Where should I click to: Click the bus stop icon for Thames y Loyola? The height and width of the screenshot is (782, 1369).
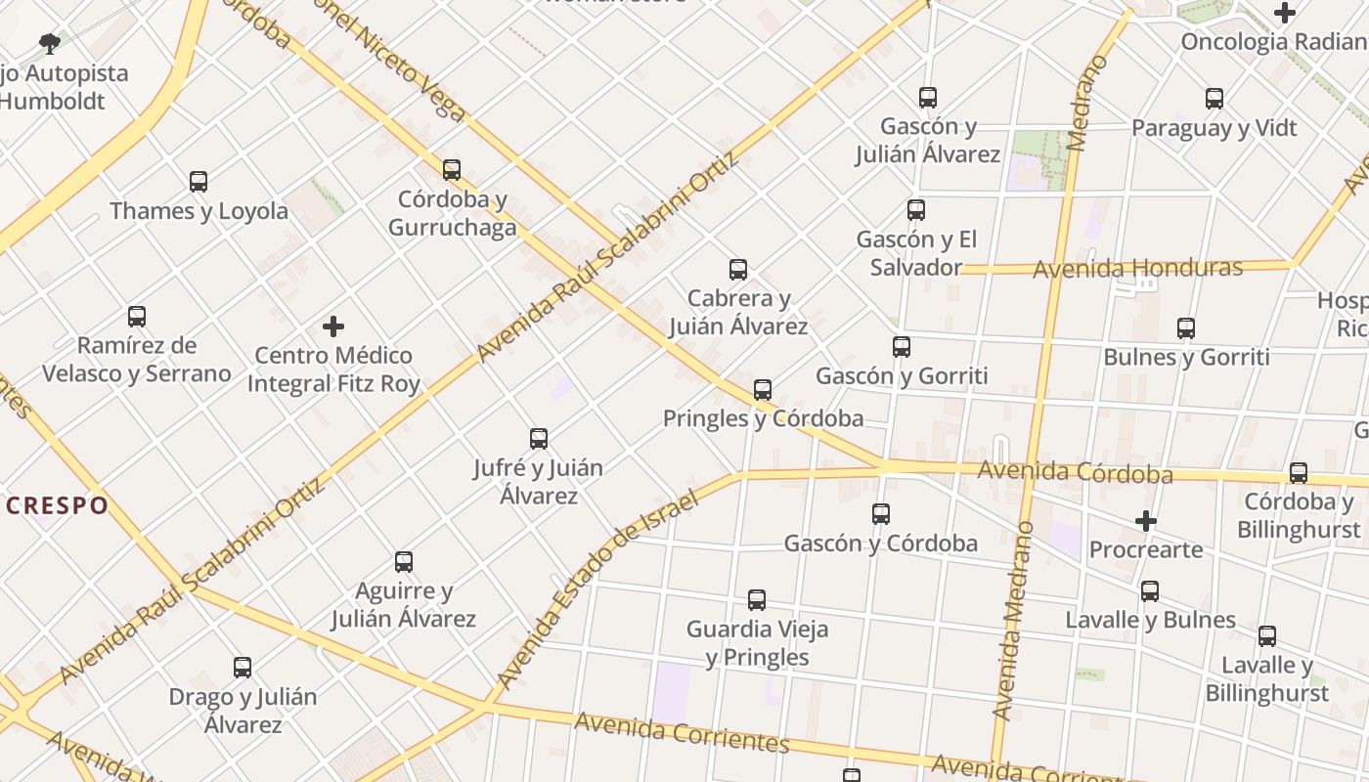click(199, 181)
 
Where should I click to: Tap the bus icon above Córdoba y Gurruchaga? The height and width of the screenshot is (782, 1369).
click(452, 169)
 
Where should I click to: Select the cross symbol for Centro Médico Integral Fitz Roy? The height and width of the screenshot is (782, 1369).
click(333, 326)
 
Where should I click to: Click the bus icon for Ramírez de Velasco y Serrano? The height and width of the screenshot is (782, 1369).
click(137, 316)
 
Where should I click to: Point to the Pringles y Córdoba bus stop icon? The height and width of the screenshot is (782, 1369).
click(763, 389)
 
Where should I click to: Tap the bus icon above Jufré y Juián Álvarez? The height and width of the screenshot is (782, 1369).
click(539, 438)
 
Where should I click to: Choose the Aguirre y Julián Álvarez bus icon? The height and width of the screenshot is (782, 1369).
click(404, 561)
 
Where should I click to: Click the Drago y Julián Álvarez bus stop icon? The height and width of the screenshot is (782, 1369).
click(243, 667)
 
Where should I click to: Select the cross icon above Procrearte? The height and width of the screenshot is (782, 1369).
click(1146, 520)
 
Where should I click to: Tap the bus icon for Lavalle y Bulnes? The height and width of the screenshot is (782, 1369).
click(1150, 590)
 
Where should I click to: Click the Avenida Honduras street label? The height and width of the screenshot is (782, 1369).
click(1138, 268)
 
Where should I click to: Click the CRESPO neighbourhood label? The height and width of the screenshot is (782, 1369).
click(57, 505)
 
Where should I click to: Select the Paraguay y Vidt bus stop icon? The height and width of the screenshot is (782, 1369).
click(1214, 98)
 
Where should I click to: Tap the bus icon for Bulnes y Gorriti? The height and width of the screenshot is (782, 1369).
click(1186, 327)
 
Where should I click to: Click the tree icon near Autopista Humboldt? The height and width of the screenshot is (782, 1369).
click(49, 43)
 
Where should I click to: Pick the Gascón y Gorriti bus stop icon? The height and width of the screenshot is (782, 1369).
click(902, 346)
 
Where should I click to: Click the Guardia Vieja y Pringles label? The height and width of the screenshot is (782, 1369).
click(758, 642)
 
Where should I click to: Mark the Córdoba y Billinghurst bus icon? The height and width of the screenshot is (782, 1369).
click(1299, 472)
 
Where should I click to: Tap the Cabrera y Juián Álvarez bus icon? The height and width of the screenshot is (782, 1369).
click(738, 269)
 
